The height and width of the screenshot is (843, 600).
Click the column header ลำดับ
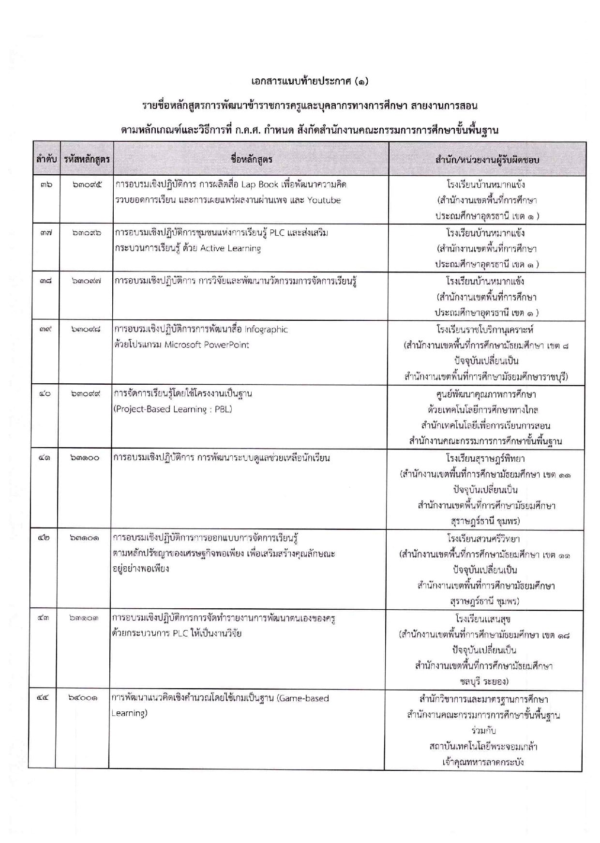pos(46,159)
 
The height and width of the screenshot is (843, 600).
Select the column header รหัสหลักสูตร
pos(87,159)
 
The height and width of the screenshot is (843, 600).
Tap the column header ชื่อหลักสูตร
pos(251,159)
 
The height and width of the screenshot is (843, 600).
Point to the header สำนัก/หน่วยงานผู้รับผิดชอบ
pos(487,159)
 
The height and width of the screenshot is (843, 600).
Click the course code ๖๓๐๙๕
pos(87,185)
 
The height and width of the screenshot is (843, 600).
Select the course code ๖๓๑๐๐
pos(85,458)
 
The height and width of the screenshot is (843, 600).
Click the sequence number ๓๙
pos(46,330)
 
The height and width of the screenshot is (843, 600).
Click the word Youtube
pos(324,200)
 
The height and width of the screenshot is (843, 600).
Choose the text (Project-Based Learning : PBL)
pos(173,409)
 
